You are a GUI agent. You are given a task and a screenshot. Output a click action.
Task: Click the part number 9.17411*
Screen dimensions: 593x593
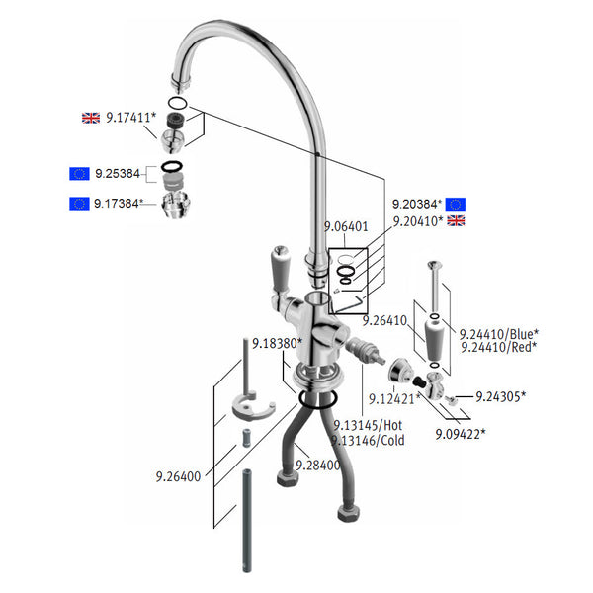(130, 118)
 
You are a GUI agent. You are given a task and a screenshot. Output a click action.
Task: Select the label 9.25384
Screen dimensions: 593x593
(120, 174)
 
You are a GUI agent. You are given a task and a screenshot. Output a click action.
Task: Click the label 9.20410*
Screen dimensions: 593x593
(416, 220)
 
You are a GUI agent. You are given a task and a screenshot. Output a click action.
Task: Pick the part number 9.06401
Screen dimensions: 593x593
(346, 226)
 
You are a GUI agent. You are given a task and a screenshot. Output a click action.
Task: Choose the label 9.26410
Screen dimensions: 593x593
(384, 320)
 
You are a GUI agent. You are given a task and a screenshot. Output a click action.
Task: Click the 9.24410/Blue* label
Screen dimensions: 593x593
(499, 333)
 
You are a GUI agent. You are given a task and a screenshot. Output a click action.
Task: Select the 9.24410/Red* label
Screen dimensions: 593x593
(498, 347)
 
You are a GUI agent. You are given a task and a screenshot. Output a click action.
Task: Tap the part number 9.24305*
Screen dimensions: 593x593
(500, 396)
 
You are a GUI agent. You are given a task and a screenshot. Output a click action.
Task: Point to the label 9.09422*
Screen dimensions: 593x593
(461, 433)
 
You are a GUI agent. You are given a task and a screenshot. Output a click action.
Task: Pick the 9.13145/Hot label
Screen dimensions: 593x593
(369, 426)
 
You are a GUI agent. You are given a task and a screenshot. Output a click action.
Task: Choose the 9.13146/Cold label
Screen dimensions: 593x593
(369, 441)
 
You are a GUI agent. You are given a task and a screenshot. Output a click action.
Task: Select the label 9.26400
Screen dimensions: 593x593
(178, 476)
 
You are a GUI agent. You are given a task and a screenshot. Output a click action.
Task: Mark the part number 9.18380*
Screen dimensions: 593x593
(276, 344)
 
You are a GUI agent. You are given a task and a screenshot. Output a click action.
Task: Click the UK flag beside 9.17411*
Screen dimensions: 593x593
(91, 118)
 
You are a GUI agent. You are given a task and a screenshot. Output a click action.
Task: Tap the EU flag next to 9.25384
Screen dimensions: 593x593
(80, 174)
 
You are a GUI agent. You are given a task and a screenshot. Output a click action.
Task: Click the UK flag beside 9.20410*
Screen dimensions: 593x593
(456, 220)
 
